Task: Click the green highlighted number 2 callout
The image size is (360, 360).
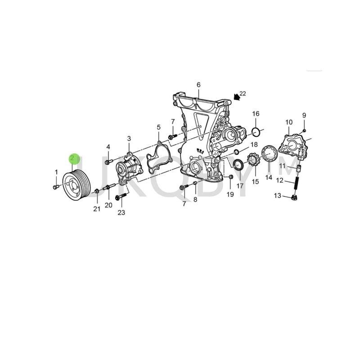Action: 74,158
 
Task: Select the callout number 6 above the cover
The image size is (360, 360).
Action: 198,85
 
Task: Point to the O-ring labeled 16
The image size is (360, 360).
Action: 256,132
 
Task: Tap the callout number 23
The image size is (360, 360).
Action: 121,212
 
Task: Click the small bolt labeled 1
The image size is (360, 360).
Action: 55,186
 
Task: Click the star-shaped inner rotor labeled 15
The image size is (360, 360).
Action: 252,164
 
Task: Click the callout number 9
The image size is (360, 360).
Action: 304,115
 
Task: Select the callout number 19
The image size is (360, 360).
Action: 230,194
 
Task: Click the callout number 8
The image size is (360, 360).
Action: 195,199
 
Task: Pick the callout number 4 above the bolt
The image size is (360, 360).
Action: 108,147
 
